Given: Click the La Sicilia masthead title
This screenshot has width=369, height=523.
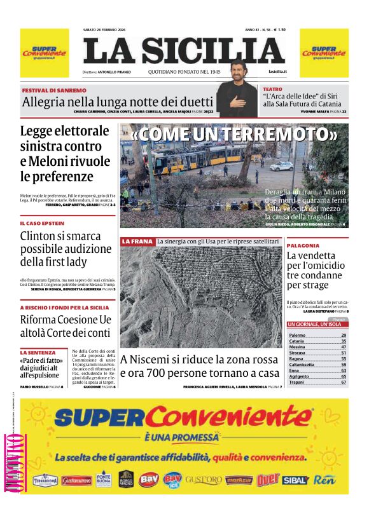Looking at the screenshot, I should point(184,51).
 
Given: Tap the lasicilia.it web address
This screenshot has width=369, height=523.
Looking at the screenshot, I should point(277,72).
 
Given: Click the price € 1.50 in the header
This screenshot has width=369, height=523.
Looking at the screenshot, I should point(277,29).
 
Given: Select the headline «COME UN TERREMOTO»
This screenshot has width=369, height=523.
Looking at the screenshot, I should point(234,135).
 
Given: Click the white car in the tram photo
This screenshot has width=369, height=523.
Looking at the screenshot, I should point(281,166).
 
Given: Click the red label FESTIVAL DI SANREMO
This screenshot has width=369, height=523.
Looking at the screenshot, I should point(53,91).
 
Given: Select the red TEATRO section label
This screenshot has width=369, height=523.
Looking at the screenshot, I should point(273,89).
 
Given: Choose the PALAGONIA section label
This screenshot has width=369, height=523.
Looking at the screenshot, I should point(303,245).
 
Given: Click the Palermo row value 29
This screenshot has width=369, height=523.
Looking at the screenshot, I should point(344,335).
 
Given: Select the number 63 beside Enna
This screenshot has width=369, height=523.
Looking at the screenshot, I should point(344,370).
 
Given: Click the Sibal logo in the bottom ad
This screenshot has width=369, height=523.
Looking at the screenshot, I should point(295,479).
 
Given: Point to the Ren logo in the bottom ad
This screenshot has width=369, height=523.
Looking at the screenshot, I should point(324,479).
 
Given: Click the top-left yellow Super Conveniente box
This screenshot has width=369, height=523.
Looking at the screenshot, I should point(45,53).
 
